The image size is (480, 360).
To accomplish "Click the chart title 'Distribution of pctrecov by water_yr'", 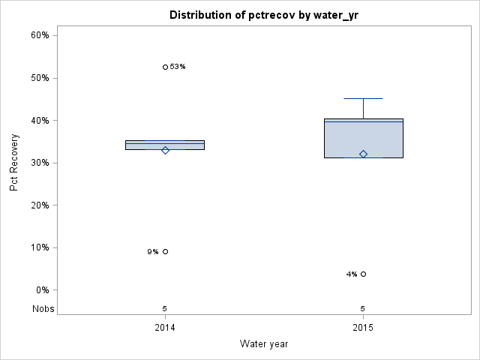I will (x=264, y=15).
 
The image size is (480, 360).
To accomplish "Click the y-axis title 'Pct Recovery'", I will (x=14, y=162).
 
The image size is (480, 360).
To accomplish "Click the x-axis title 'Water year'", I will (x=264, y=343).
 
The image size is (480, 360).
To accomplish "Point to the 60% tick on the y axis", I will (x=40, y=35).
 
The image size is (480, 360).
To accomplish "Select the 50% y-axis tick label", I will (x=40, y=78).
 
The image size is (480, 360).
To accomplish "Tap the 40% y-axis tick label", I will (x=40, y=120).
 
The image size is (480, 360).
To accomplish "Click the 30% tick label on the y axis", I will (x=40, y=163).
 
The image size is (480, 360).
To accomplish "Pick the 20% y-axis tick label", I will (x=40, y=205).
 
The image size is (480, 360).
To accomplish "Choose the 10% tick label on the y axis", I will (x=40, y=247).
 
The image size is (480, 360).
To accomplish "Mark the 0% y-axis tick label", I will (x=42, y=290).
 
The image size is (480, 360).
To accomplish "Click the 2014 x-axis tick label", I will (x=165, y=328).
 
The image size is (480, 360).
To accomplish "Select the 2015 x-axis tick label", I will (x=363, y=328).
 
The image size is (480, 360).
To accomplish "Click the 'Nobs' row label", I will (x=42, y=308).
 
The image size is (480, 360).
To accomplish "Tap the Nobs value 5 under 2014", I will (x=165, y=308).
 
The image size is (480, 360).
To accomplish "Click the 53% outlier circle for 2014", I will (x=165, y=67).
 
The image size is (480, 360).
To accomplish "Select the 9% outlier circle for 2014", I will (x=165, y=251).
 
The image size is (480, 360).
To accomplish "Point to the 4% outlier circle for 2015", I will (x=363, y=274).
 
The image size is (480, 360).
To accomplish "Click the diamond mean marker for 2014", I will (x=165, y=150).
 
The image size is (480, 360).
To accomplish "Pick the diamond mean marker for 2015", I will (x=363, y=154).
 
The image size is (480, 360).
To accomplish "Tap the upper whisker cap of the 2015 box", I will (x=363, y=98).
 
